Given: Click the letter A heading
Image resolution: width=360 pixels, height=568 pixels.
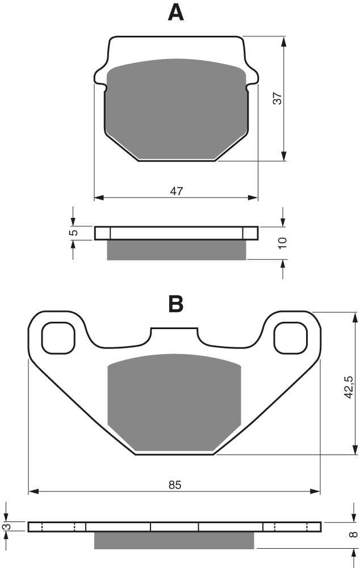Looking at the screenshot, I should (x=175, y=13).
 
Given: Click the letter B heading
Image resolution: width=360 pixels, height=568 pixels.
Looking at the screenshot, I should (x=176, y=304).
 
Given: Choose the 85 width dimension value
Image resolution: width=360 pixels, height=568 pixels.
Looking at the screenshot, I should (x=174, y=485).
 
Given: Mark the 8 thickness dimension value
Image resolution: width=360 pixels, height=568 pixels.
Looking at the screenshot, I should (x=354, y=534).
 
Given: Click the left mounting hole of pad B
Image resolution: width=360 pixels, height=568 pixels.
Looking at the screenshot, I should (x=58, y=339).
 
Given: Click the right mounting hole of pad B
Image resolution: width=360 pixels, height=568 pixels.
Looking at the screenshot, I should (x=291, y=339).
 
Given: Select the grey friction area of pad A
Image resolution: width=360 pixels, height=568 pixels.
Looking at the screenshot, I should (x=176, y=108).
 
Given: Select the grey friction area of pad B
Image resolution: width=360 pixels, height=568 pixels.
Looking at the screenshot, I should (x=175, y=403).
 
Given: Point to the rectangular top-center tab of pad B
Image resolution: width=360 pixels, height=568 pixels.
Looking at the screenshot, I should (x=174, y=335).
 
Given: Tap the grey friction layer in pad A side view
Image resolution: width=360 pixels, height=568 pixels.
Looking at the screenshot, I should (x=176, y=250).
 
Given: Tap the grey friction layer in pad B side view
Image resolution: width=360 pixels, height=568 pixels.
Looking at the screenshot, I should (x=174, y=540).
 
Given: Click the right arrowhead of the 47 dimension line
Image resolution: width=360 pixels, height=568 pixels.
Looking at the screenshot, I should (x=253, y=197).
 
